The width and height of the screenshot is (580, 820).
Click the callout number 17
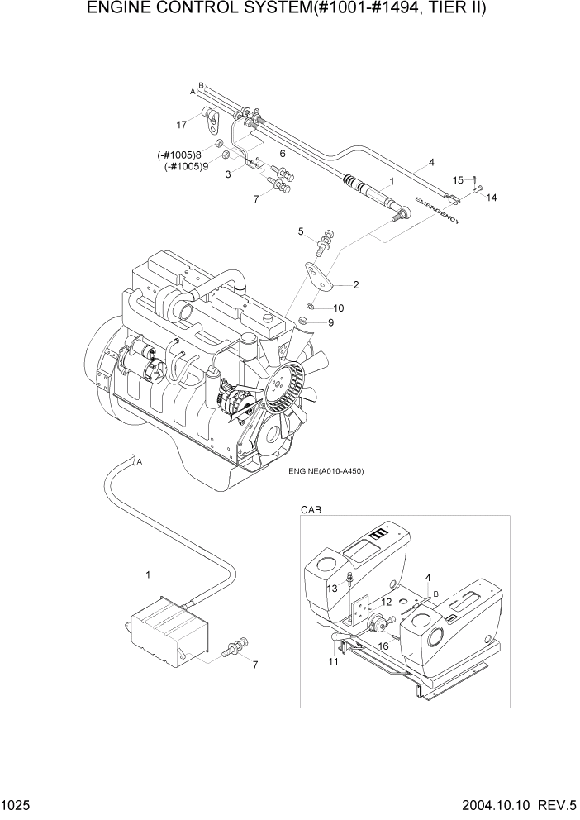point(181,125)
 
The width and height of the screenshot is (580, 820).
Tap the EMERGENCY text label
point(439,212)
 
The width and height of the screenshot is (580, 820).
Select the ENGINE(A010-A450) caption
point(326,471)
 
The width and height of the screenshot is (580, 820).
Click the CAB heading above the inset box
point(310,511)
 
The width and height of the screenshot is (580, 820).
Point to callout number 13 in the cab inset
point(332,588)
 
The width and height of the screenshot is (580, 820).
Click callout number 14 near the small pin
point(491,198)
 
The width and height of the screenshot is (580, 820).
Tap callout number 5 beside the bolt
point(302,231)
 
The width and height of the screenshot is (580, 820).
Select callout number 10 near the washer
point(339,307)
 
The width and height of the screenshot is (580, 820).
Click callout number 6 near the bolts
point(282,154)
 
